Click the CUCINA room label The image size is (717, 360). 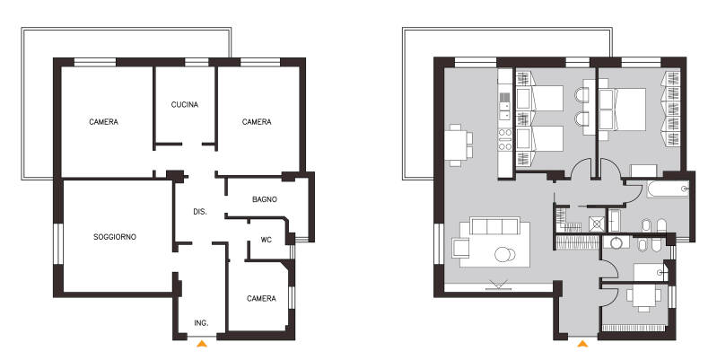click(185, 104)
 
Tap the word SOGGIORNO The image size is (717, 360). click(115, 237)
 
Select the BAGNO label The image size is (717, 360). click(265, 199)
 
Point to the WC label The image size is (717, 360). click(267, 240)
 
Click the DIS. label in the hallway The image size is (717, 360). click(200, 212)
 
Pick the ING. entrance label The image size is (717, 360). click(201, 322)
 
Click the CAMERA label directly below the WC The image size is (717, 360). click(261, 298)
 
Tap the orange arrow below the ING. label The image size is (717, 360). click(202, 343)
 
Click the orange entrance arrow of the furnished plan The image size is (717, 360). click(582, 344)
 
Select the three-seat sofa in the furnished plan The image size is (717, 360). click(494, 226)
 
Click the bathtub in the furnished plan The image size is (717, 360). click(668, 189)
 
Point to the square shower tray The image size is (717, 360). click(597, 224)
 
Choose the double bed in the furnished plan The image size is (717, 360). click(623, 109)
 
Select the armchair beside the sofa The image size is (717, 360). click(460, 248)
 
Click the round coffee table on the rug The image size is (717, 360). click(504, 254)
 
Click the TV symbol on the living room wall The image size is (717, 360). click(497, 285)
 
